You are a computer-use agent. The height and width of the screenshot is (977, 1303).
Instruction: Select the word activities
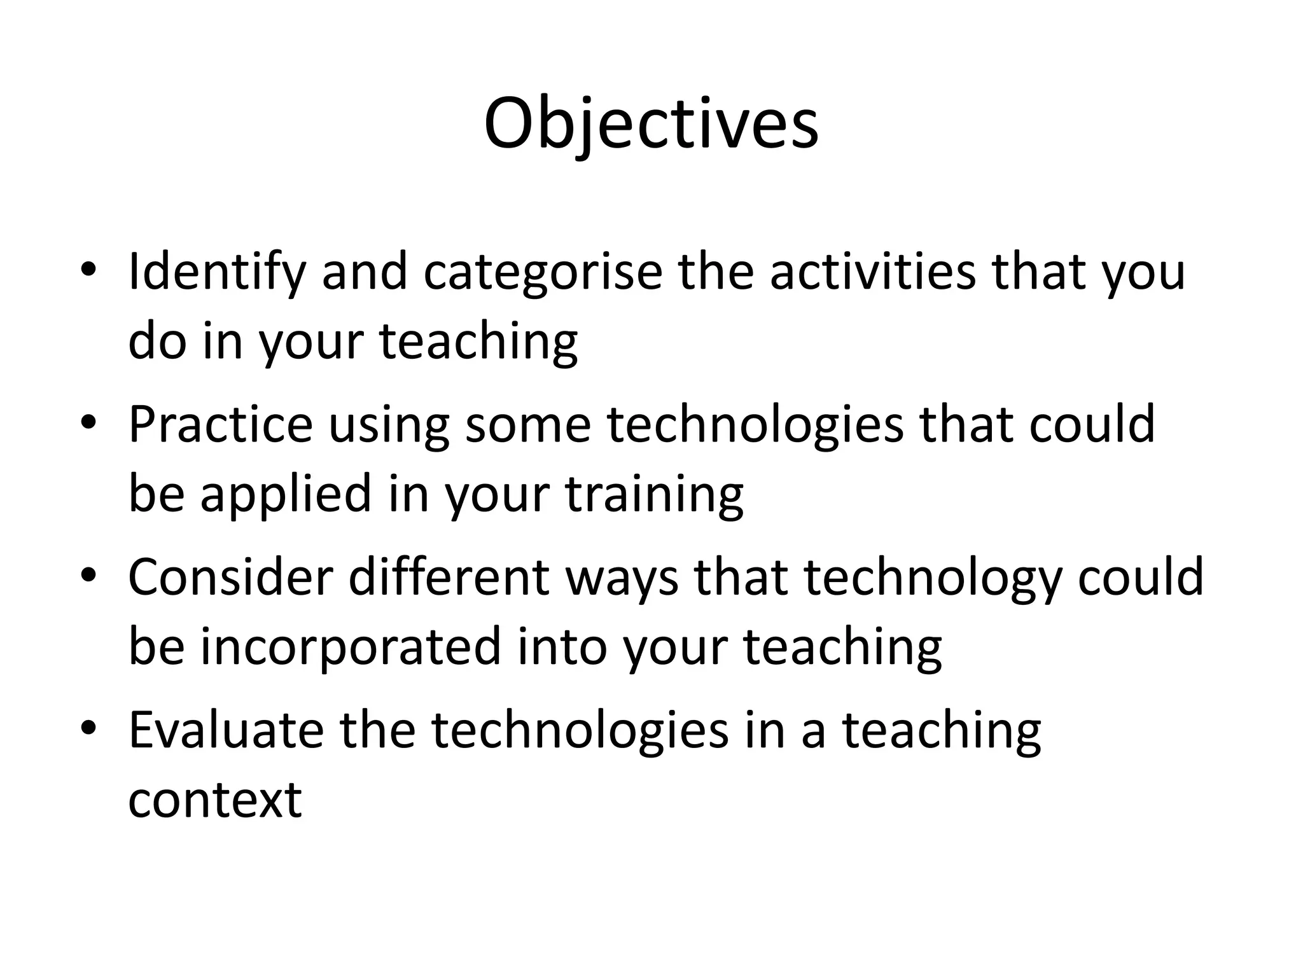(x=872, y=272)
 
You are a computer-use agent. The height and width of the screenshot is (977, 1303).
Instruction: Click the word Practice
(x=220, y=424)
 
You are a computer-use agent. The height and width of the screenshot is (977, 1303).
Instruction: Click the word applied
(x=286, y=495)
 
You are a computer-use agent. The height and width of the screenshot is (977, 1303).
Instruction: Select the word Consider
(x=230, y=578)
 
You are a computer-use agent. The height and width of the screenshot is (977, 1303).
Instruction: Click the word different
(x=449, y=578)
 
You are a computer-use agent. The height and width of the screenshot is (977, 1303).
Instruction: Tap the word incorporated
(x=351, y=648)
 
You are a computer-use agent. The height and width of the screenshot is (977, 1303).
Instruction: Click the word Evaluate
(x=226, y=730)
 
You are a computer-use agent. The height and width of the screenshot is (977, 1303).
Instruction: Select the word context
(x=214, y=800)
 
